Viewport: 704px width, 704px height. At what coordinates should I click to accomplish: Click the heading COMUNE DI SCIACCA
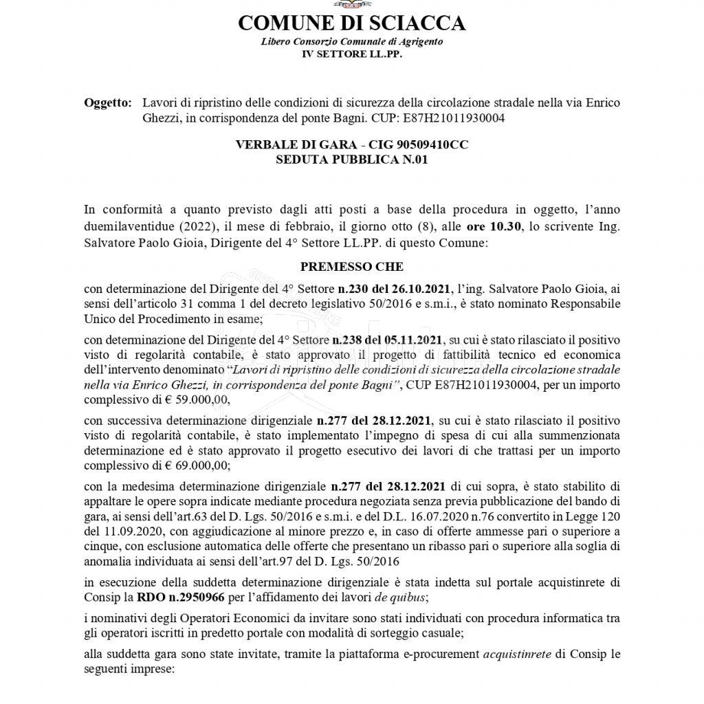pos(351,23)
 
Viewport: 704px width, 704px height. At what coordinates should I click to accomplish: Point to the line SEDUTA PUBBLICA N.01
pos(351,159)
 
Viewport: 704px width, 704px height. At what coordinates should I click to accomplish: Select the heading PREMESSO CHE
pos(351,265)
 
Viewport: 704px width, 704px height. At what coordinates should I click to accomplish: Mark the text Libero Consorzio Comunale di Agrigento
pos(351,41)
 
